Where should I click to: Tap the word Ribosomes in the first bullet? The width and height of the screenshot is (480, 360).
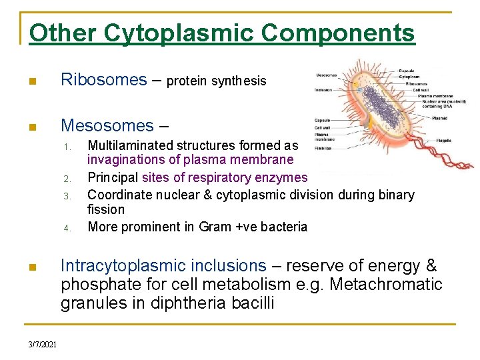pos(104,81)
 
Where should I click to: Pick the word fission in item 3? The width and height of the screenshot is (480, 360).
pos(106,210)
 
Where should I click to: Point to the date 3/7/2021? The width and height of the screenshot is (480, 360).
pos(43,345)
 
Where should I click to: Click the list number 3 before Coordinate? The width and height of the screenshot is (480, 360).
pos(67,196)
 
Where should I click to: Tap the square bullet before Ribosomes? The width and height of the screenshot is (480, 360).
pos(33,82)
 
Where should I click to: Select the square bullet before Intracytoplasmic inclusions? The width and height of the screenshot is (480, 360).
pos(33,267)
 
